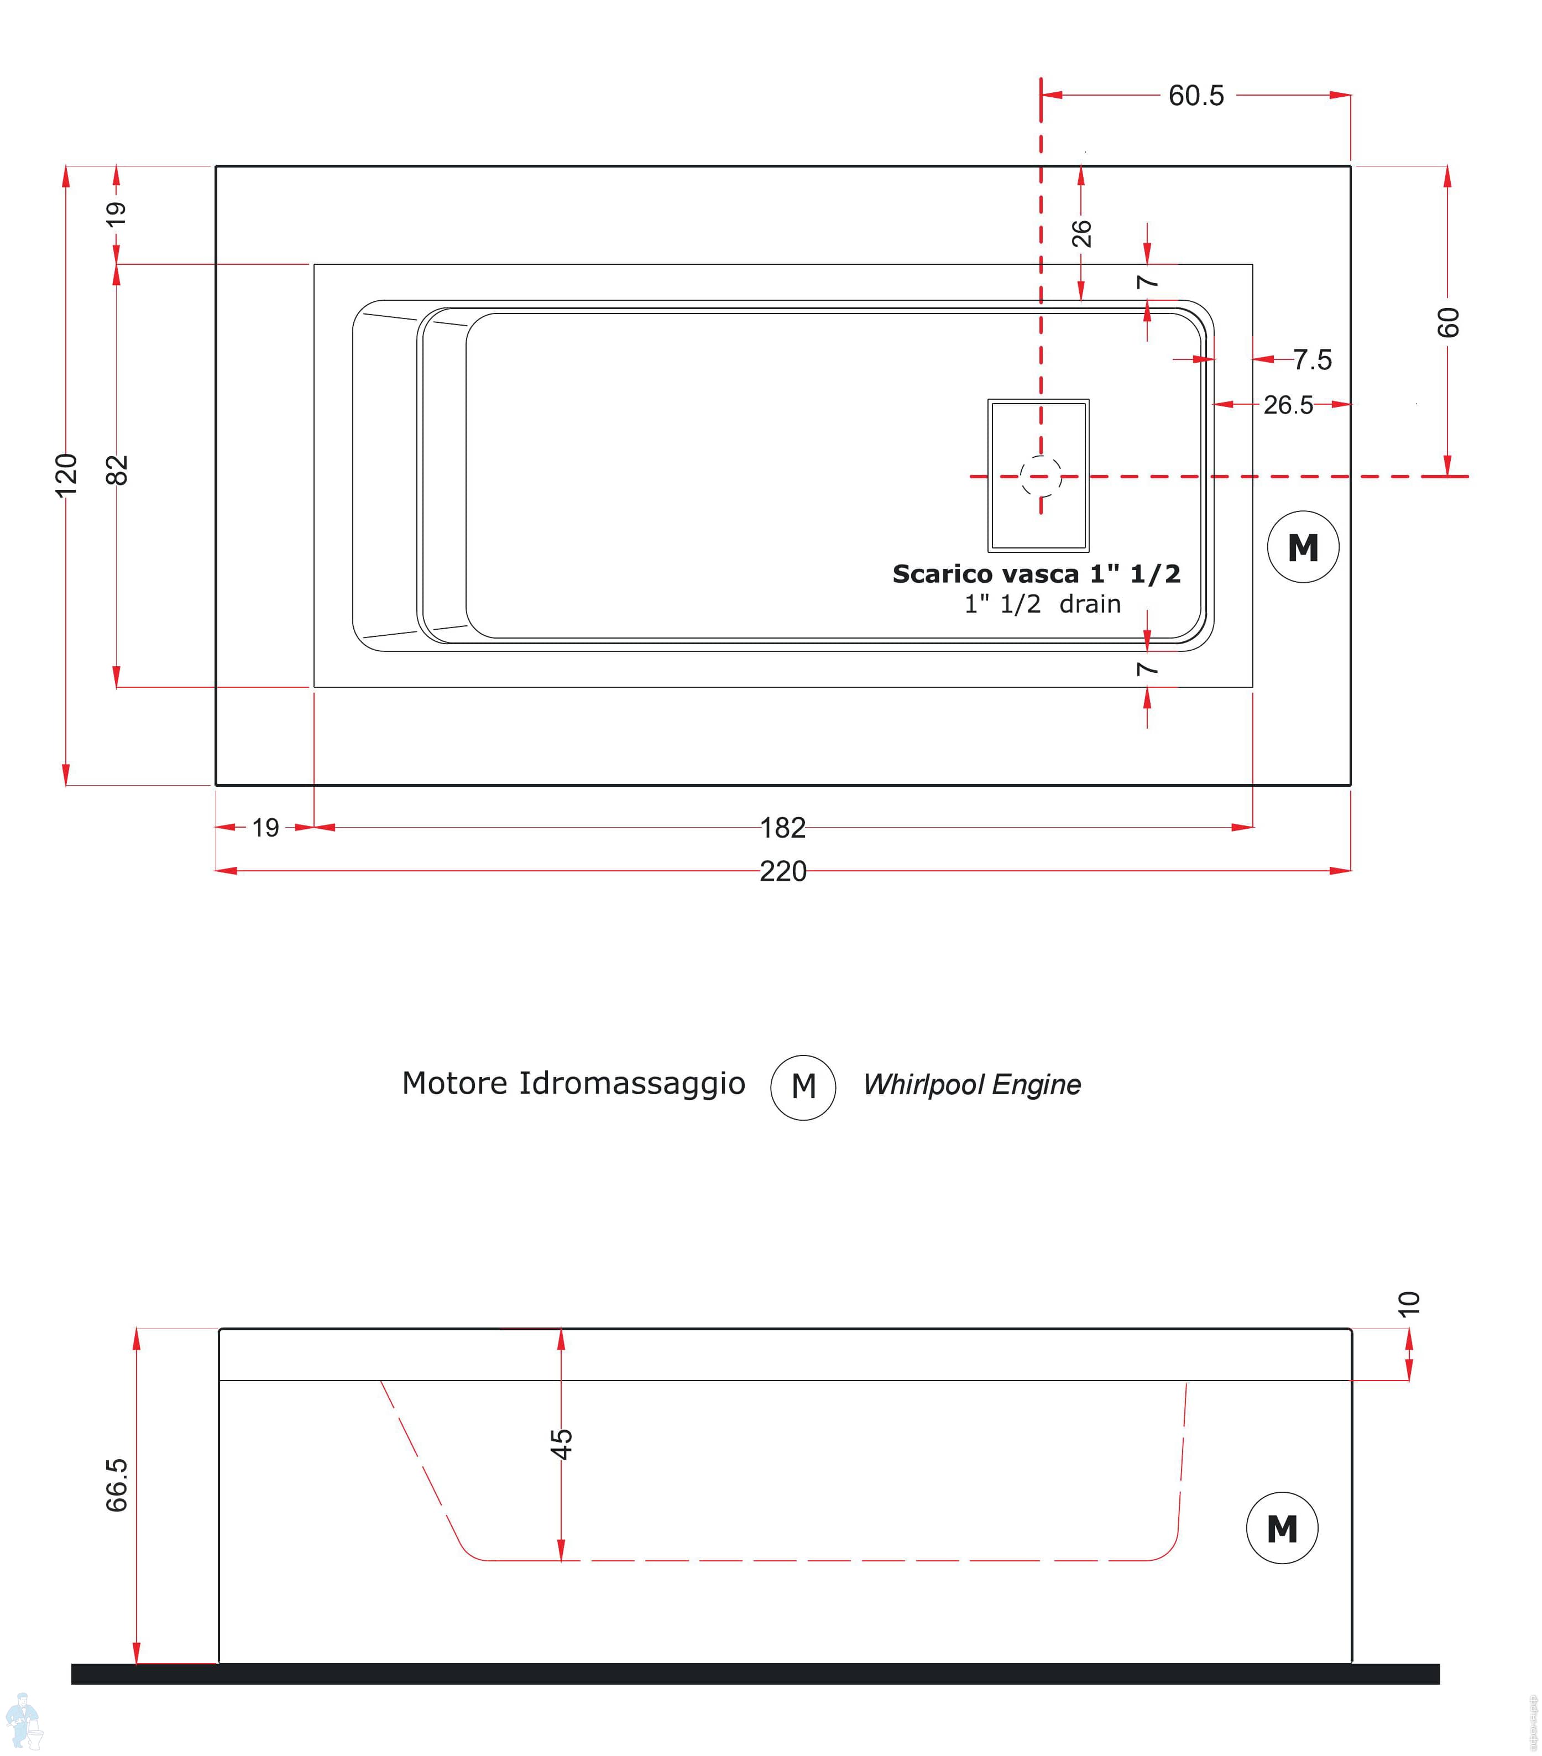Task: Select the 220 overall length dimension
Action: click(782, 871)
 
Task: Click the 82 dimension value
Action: click(117, 470)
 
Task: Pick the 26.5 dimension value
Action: click(1287, 405)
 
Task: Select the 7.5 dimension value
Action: click(1312, 359)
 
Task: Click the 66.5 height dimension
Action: click(117, 1485)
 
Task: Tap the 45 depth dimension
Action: click(561, 1444)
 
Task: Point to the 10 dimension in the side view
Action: click(1409, 1303)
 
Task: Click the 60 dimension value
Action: click(1447, 322)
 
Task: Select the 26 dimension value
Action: click(1081, 233)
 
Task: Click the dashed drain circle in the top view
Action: click(1041, 476)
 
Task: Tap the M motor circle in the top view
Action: click(1303, 547)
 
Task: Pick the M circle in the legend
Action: click(803, 1087)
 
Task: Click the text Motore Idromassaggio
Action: click(573, 1083)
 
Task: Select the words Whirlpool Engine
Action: click(971, 1084)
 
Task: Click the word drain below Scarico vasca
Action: click(1089, 604)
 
